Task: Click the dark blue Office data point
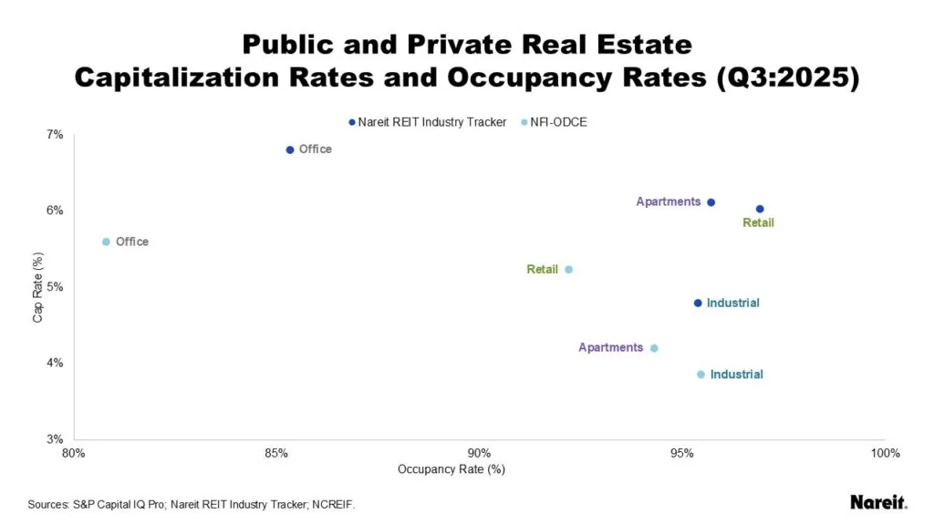[x=290, y=149]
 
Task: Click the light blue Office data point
[x=106, y=242]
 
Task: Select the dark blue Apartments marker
[x=711, y=202]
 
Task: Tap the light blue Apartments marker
[x=654, y=348]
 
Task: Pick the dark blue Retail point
[x=760, y=209]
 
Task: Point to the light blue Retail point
[x=568, y=270]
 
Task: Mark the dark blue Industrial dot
[x=698, y=303]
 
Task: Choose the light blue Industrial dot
[x=700, y=375]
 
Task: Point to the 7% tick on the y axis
[x=55, y=134]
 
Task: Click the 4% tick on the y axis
[x=55, y=363]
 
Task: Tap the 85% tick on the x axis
[x=276, y=453]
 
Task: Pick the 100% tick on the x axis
[x=885, y=453]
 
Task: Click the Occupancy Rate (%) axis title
[x=451, y=469]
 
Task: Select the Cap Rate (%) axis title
[x=37, y=286]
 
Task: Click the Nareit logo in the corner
[x=877, y=502]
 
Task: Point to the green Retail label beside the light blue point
[x=542, y=270]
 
